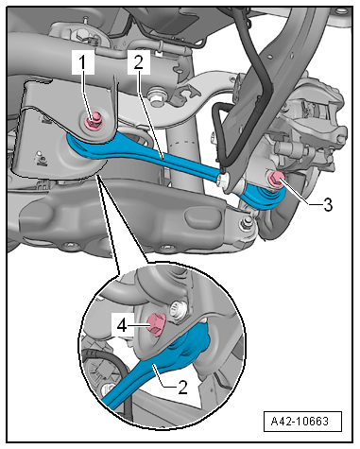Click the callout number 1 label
[x=82, y=62]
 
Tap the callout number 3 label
[x=328, y=205]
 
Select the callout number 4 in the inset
[x=122, y=326]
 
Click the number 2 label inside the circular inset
[x=183, y=388]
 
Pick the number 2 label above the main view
[x=139, y=62]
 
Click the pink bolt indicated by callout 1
[x=94, y=122]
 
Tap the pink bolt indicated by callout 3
[x=277, y=180]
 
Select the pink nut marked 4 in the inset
[x=156, y=324]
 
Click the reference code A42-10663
[x=300, y=421]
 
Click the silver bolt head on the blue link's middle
[x=223, y=180]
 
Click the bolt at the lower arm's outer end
[x=247, y=223]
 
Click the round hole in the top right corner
[x=339, y=11]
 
